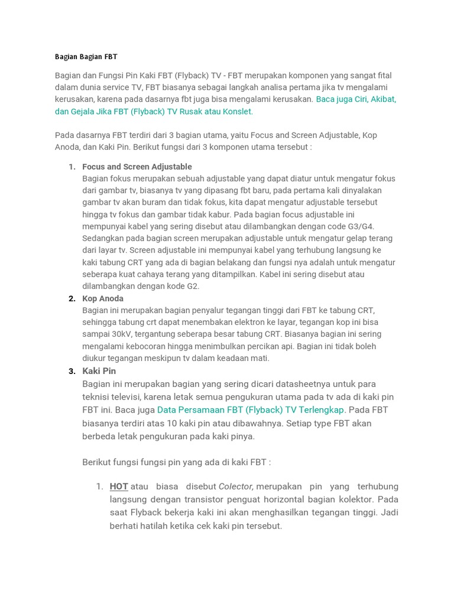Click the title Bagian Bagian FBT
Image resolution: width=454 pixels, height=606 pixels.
pyautogui.click(x=86, y=57)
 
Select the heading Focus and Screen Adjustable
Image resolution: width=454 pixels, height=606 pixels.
pyautogui.click(x=137, y=167)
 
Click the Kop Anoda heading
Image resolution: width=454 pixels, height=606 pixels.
pyautogui.click(x=103, y=299)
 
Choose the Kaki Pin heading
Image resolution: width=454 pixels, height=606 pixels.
pyautogui.click(x=99, y=371)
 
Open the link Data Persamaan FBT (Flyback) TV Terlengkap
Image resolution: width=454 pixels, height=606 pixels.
pyautogui.click(x=251, y=410)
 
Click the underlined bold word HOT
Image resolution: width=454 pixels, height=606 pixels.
pyautogui.click(x=119, y=486)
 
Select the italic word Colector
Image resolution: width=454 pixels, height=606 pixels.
pyautogui.click(x=236, y=486)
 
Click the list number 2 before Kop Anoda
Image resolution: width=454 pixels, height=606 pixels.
pyautogui.click(x=72, y=299)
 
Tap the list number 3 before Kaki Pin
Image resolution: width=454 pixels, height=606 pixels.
pyautogui.click(x=72, y=371)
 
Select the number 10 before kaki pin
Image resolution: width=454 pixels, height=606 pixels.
pyautogui.click(x=170, y=423)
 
